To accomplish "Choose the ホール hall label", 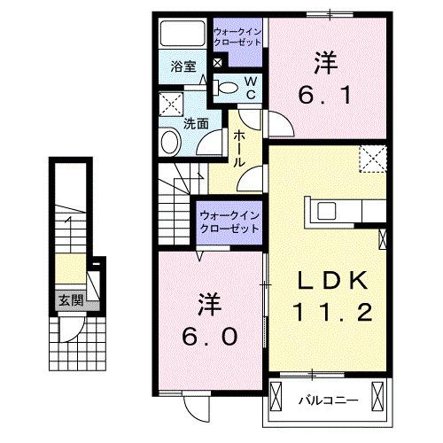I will pos(240,148).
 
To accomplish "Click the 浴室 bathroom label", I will pos(183,66).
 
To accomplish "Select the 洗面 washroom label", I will pos(196,124).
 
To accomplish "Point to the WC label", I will pos(250,87).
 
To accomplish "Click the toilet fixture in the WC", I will pos(228,87).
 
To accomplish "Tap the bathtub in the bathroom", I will pos(183,35).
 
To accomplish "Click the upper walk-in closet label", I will pos(237,38).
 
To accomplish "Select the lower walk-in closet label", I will pos(229,221).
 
